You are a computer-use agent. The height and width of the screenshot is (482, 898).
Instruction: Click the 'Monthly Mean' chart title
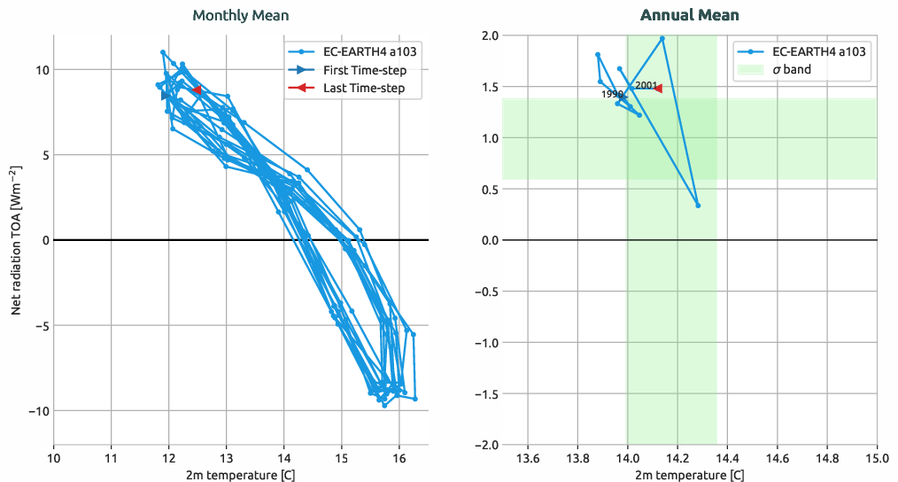tap(241, 15)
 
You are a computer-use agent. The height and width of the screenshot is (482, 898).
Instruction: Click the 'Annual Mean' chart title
tap(689, 15)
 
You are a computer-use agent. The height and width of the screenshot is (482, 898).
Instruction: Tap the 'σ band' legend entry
tap(791, 69)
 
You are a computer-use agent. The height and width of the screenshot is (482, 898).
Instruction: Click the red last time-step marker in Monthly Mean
tap(197, 90)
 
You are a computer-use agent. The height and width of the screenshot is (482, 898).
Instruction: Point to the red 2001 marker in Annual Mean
tap(657, 89)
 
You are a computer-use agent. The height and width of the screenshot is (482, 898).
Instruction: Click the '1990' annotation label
tap(613, 94)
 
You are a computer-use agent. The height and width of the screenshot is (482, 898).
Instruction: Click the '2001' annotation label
tap(646, 85)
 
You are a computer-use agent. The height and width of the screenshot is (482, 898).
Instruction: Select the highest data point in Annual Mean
tap(662, 38)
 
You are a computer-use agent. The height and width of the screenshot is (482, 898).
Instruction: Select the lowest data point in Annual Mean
tap(698, 206)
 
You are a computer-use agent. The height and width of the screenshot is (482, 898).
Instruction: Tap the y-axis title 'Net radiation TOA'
tap(16, 240)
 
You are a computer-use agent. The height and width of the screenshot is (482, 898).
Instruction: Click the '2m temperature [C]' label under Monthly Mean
tap(241, 475)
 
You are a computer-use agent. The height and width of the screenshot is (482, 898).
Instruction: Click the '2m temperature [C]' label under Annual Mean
tap(689, 475)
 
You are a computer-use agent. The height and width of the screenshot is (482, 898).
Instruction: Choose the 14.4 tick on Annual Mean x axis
tap(727, 458)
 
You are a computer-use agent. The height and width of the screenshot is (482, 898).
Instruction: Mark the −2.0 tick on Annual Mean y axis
tap(484, 445)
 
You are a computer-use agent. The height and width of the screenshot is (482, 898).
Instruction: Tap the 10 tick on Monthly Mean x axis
tap(54, 458)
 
